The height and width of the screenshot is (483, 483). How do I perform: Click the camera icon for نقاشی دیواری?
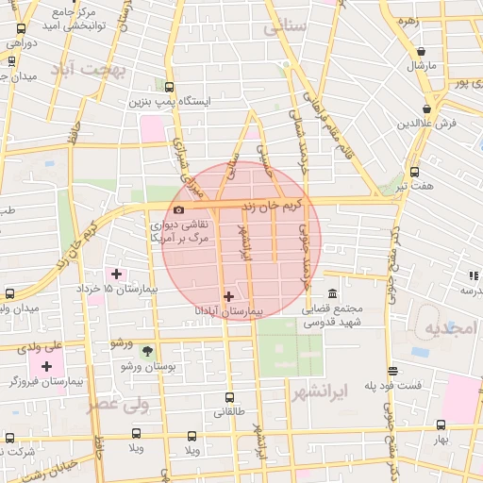point(178,209)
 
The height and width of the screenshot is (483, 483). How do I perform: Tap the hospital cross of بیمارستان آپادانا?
point(227,296)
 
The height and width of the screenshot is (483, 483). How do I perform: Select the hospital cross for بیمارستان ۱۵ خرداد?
point(116,274)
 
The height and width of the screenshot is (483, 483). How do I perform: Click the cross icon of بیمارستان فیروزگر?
point(46,365)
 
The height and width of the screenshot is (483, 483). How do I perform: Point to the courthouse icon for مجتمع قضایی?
point(331,293)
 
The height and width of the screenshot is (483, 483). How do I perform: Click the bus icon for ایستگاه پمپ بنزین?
point(169,87)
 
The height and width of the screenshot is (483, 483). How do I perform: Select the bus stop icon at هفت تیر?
point(414,172)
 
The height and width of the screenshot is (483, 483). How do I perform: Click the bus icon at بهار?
point(441,425)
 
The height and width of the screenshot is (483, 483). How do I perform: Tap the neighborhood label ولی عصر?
point(118,404)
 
